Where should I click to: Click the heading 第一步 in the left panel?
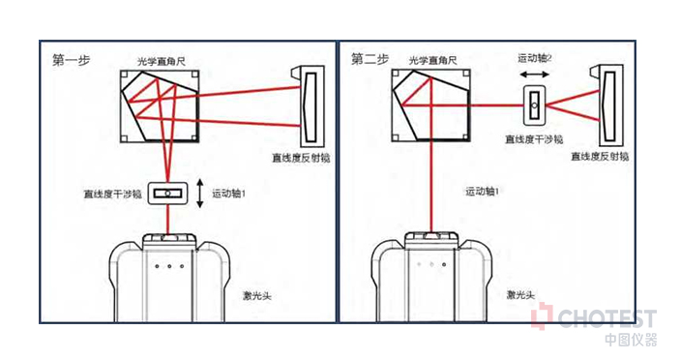[x=71, y=60]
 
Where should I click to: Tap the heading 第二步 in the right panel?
[x=370, y=59]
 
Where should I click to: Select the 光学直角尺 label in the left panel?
[x=162, y=62]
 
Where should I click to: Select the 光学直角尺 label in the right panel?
[x=432, y=60]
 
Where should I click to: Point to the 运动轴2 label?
[x=535, y=58]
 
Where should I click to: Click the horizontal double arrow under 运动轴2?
[x=535, y=75]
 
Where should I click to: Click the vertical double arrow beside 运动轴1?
[x=200, y=193]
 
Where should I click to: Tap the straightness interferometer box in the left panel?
[x=168, y=194]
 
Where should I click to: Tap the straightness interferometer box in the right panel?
[x=534, y=105]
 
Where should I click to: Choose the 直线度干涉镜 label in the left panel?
[x=113, y=194]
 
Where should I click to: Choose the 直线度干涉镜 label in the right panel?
[x=534, y=139]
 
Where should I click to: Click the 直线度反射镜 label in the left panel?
[x=301, y=158]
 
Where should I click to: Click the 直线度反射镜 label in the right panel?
[x=600, y=157]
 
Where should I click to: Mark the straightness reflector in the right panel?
[x=608, y=105]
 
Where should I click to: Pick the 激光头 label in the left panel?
[x=257, y=296]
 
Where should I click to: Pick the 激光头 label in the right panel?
[x=520, y=295]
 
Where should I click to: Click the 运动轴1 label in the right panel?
[x=483, y=191]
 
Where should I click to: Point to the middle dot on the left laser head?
[x=169, y=266]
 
